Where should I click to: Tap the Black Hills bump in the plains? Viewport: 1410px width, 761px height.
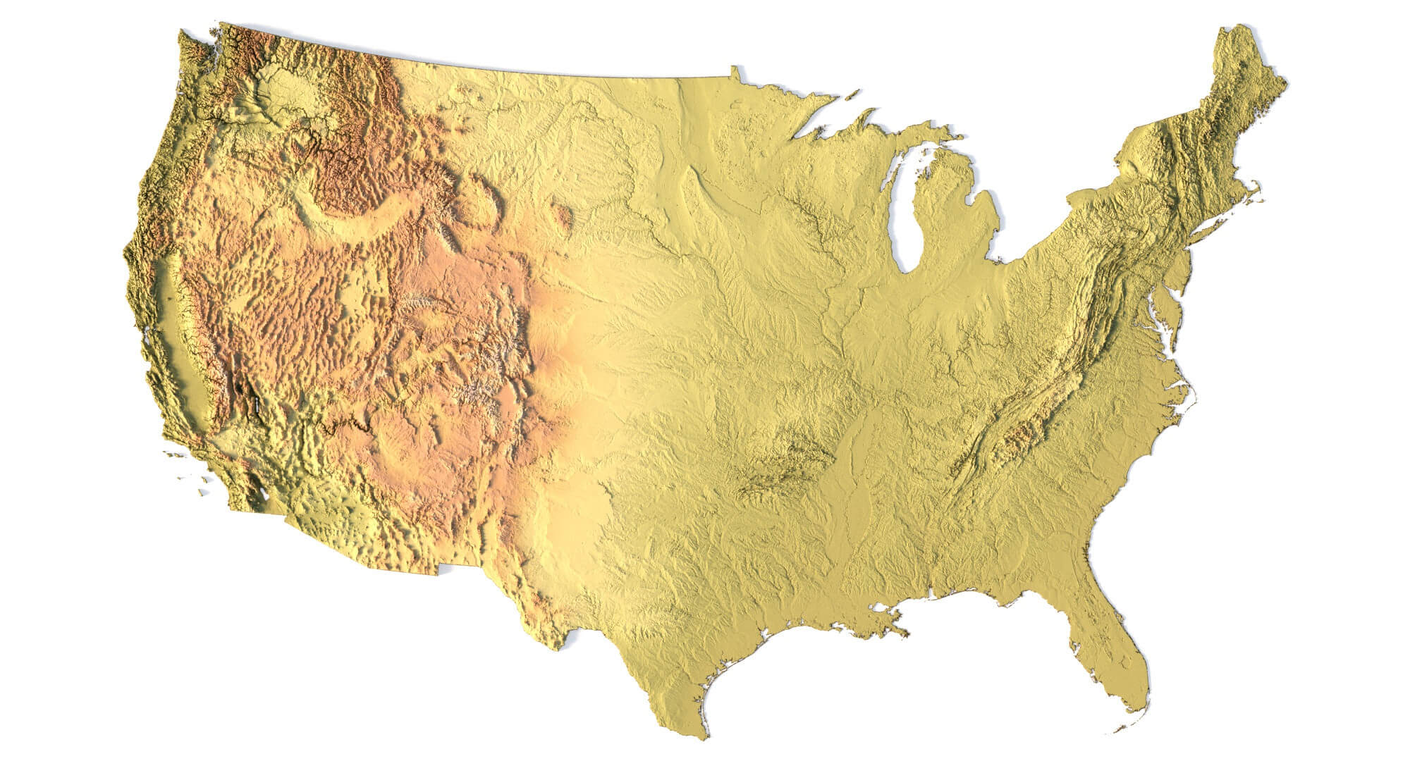coord(562,215)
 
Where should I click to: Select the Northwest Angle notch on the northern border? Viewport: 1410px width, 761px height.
coord(735,70)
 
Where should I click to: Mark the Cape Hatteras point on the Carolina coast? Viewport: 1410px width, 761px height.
coord(1191,398)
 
